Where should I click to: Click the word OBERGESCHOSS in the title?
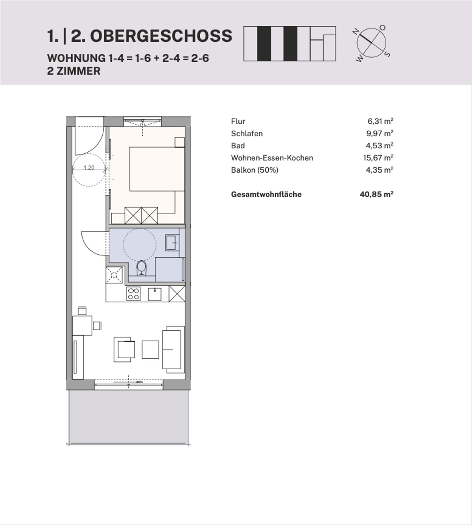pyautogui.click(x=161, y=36)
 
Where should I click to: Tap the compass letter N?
pyautogui.click(x=355, y=32)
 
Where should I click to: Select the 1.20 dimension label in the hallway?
pyautogui.click(x=89, y=168)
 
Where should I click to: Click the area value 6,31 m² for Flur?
pyautogui.click(x=380, y=121)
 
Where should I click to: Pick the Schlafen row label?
pyautogui.click(x=247, y=133)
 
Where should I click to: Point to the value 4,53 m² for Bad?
pyautogui.click(x=380, y=146)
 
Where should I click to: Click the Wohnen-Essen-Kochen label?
pyautogui.click(x=272, y=158)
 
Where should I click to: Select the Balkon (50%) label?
pyautogui.click(x=254, y=170)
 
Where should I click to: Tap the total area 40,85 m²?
pyautogui.click(x=377, y=194)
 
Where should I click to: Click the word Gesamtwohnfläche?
pyautogui.click(x=266, y=194)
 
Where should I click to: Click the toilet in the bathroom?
pyautogui.click(x=141, y=268)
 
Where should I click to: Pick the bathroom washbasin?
pyautogui.click(x=172, y=243)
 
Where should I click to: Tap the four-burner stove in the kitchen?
pyautogui.click(x=133, y=294)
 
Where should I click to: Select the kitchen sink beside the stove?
pyautogui.click(x=155, y=294)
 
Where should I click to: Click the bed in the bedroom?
pyautogui.click(x=157, y=169)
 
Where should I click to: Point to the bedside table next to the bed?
pyautogui.click(x=180, y=142)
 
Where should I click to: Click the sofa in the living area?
pyautogui.click(x=173, y=349)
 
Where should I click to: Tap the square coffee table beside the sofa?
pyautogui.click(x=150, y=349)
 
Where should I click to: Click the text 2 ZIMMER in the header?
pyautogui.click(x=74, y=71)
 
